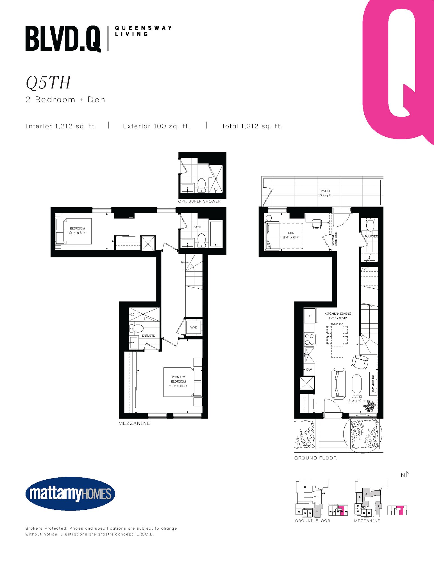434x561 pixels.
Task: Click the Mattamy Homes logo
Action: (x=70, y=494)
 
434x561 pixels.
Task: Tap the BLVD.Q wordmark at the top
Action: (x=63, y=38)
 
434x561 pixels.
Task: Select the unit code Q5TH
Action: (x=48, y=82)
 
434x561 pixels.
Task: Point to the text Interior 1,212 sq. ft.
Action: (x=61, y=126)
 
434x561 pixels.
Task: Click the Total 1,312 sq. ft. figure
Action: (x=252, y=126)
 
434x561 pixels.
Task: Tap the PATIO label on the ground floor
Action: (x=325, y=191)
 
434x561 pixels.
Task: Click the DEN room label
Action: (x=291, y=233)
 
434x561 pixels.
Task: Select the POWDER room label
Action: (x=371, y=236)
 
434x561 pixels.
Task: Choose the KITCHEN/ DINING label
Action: (x=338, y=314)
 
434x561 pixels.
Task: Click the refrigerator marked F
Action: (x=310, y=316)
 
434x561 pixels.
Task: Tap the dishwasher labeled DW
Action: (x=309, y=369)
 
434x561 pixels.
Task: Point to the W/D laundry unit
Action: (x=194, y=327)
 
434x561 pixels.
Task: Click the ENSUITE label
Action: (x=148, y=335)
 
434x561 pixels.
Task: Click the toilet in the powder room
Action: (x=370, y=224)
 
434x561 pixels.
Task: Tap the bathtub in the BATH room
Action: (x=216, y=234)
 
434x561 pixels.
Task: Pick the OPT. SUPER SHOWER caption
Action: (x=199, y=201)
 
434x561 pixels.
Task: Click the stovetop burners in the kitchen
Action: (x=309, y=339)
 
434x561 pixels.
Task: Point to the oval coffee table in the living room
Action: (x=356, y=384)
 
